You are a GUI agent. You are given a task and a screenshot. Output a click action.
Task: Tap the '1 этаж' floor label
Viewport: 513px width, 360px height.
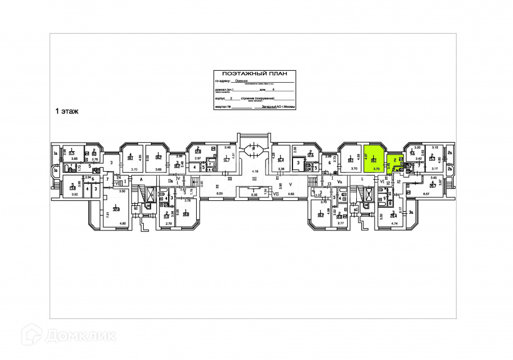(x=66, y=111)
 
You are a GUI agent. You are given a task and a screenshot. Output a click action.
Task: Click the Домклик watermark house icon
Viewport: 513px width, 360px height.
(x=35, y=334)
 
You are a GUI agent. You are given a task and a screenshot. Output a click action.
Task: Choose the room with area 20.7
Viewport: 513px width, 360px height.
(x=433, y=184)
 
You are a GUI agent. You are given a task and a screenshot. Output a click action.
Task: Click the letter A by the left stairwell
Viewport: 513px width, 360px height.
(x=140, y=179)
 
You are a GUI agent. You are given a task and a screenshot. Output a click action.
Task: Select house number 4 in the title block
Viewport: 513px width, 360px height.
(x=274, y=90)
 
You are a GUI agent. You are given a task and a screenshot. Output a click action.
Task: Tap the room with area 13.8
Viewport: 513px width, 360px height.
(x=72, y=187)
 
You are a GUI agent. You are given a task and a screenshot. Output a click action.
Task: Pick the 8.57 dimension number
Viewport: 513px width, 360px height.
(x=426, y=194)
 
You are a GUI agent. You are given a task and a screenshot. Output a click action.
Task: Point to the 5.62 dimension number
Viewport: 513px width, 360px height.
(x=291, y=194)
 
